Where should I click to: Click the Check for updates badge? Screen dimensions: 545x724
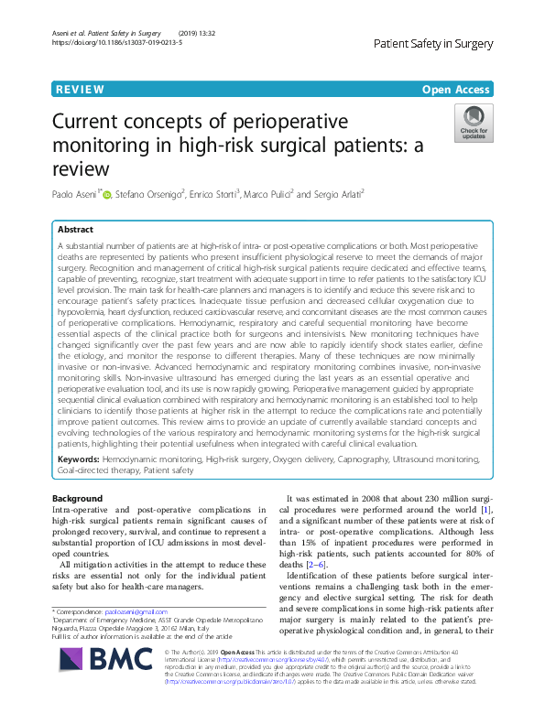(473, 123)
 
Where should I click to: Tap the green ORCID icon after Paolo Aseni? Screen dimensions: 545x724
(106, 194)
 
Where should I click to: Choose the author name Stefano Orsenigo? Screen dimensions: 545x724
(150, 194)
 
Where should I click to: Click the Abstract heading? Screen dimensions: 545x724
(76, 230)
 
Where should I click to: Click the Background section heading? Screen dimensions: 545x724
(78, 497)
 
